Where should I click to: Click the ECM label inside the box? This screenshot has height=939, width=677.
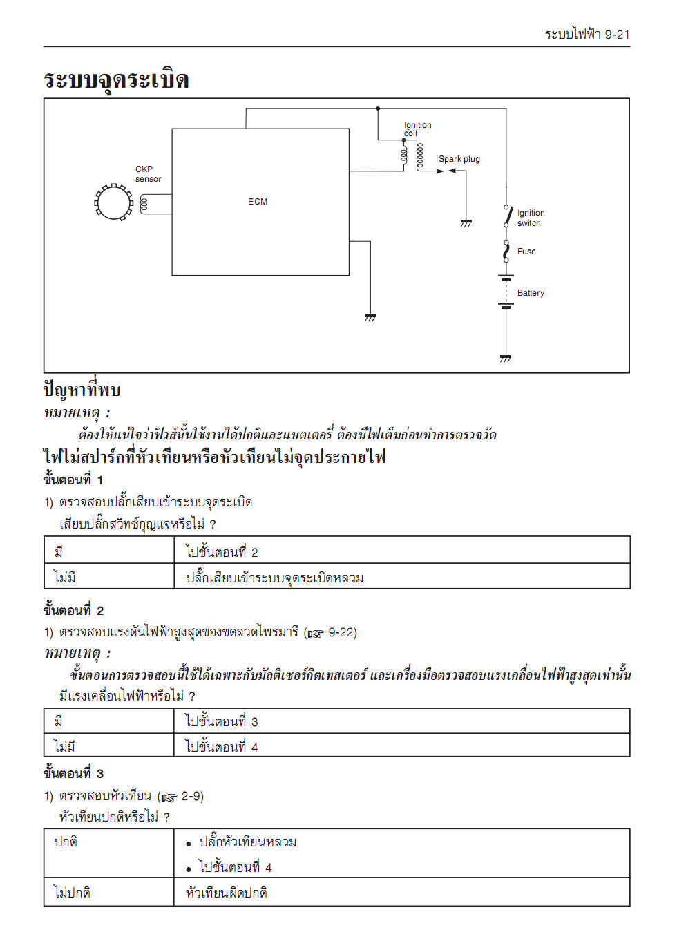[x=258, y=202]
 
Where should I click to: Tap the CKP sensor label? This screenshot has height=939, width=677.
[x=148, y=174]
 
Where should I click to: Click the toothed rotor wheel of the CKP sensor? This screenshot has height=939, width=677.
[x=113, y=202]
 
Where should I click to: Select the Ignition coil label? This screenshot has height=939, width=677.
[x=417, y=129]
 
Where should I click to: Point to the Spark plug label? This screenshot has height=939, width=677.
[x=459, y=159]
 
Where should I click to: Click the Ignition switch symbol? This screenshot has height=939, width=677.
[x=508, y=216]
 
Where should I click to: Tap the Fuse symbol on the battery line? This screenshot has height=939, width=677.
[x=506, y=252]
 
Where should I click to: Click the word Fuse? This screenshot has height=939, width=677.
[x=526, y=252]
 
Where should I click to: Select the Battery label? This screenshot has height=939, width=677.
[x=531, y=293]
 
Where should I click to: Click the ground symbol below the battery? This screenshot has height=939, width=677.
[x=506, y=359]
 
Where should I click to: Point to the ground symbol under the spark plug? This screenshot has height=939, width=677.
[x=466, y=223]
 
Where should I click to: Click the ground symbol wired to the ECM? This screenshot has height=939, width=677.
[x=370, y=318]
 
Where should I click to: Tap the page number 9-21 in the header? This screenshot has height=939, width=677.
[x=617, y=35]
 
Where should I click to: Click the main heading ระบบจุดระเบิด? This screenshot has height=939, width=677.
[x=116, y=79]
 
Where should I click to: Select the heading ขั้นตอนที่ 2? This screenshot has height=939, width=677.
[x=74, y=610]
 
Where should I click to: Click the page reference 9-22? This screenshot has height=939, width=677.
[x=342, y=632]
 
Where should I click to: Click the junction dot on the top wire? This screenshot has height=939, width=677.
[x=378, y=108]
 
